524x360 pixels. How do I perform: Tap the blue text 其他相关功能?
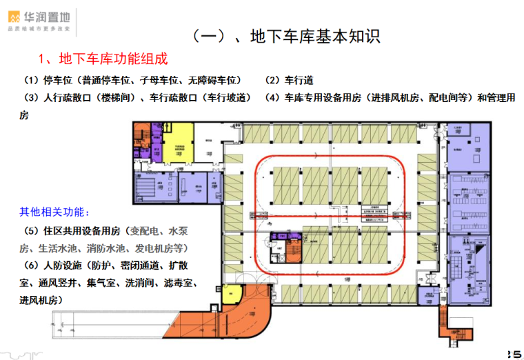(54, 211)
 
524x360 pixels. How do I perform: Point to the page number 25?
(513, 352)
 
